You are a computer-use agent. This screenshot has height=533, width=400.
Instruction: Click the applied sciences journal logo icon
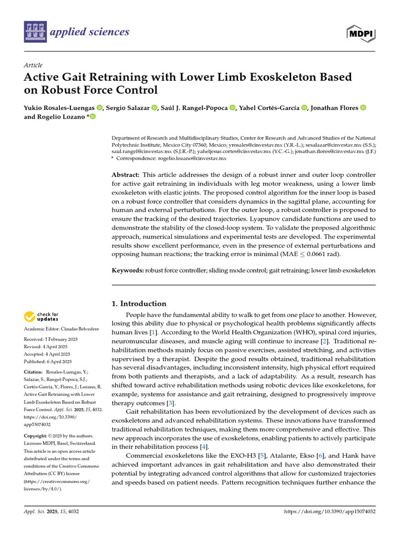[35, 32]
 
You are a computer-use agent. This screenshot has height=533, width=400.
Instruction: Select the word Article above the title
[33, 65]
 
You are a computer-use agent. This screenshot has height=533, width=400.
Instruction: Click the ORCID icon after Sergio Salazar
[154, 108]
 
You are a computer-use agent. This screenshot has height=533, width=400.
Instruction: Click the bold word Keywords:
[128, 271]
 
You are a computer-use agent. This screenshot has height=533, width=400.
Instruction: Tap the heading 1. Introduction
[139, 303]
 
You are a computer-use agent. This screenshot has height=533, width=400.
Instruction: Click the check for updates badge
[41, 316]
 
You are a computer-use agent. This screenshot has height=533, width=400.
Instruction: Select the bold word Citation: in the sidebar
[34, 372]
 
